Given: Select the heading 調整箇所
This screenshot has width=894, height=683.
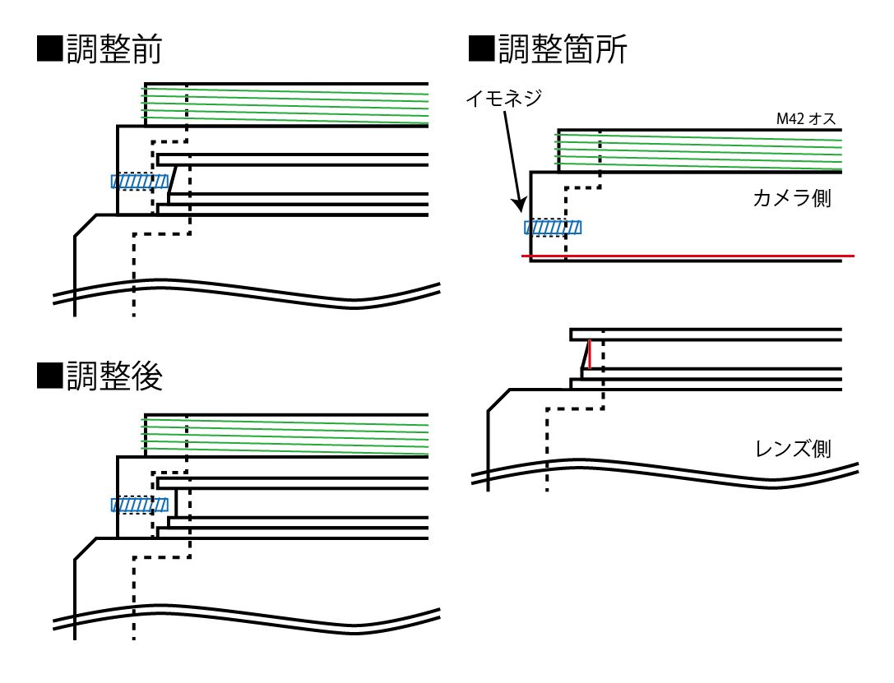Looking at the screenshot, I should [x=563, y=50].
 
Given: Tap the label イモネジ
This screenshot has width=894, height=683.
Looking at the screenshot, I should [x=503, y=99].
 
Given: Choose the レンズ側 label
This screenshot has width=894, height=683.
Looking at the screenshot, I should [x=792, y=449].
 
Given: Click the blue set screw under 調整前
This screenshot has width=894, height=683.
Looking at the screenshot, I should [x=140, y=181].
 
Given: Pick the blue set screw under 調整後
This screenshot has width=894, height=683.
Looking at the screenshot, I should [x=140, y=504].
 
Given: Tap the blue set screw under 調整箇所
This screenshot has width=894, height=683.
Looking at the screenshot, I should [x=553, y=228].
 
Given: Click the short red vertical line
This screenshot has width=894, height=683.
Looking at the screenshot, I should [x=590, y=355].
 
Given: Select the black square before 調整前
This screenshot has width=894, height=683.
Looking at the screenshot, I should [x=50, y=50].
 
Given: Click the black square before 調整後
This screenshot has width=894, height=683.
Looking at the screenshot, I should [x=50, y=376].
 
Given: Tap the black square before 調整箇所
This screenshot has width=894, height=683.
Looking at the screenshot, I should [x=480, y=50].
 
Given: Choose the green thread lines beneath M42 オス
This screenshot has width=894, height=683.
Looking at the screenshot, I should [x=699, y=150].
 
